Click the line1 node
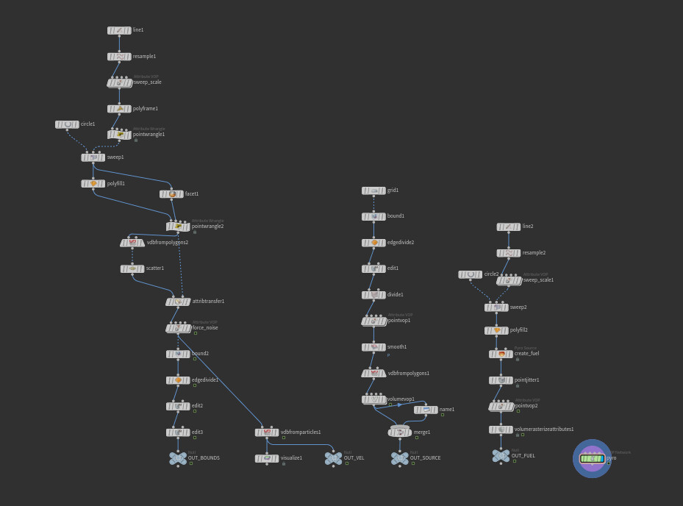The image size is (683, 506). pos(119,30)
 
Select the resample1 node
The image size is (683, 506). pos(119,57)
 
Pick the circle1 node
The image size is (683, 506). pos(67,124)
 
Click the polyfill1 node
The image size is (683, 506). pos(93,184)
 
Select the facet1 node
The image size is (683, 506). pos(171,194)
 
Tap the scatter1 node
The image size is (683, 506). pos(132,269)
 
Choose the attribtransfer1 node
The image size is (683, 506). pos(178,302)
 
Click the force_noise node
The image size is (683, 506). pos(178,328)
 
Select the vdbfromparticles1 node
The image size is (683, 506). pos(267,432)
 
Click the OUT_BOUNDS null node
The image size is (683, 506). pos(178,458)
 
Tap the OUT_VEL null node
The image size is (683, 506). pos(334,458)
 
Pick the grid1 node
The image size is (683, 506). pos(373,190)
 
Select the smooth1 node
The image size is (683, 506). pos(373,347)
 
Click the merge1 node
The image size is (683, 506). pos(400,432)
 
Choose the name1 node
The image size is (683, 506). pos(426,410)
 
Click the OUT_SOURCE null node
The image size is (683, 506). pos(400,458)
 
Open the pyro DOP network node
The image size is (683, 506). pos(592,458)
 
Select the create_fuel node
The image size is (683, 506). pos(501,354)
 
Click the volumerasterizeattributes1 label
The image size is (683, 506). pos(544,430)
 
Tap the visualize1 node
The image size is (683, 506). pos(267,458)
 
